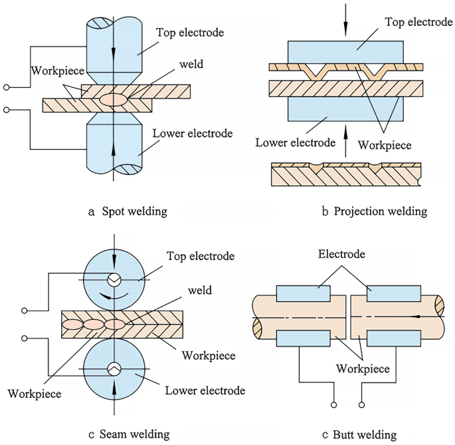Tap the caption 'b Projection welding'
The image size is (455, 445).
point(374,212)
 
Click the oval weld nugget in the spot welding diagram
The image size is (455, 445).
point(114,99)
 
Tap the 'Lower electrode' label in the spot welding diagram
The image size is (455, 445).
point(193,134)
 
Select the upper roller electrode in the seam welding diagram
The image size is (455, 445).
point(114,280)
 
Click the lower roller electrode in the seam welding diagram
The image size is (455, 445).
point(114,368)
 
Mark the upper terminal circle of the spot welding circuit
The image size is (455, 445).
point(7,87)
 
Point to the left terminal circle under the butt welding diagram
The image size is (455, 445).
point(333,404)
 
